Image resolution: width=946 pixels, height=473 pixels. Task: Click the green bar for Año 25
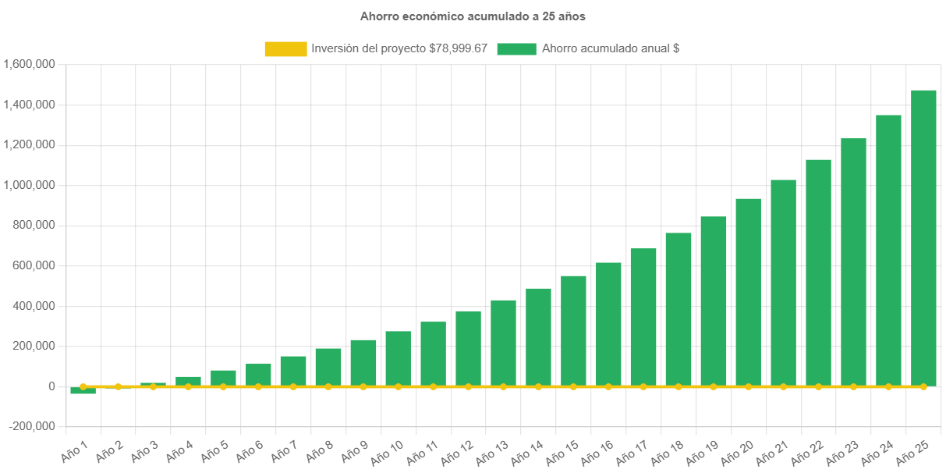click(923, 238)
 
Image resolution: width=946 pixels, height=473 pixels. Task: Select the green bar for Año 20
click(749, 293)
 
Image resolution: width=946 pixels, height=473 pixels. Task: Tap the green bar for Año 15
click(573, 332)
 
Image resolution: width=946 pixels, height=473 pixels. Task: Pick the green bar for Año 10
click(399, 359)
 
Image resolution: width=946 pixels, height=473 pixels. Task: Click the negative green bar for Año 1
click(83, 390)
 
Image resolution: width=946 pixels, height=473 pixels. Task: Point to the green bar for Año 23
click(853, 262)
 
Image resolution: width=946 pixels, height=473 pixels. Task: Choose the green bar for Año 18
click(678, 310)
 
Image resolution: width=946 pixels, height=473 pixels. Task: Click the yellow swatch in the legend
click(286, 49)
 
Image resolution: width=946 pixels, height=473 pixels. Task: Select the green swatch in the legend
click(517, 49)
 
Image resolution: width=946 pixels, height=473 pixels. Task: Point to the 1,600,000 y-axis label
click(29, 64)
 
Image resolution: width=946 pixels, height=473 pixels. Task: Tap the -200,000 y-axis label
click(32, 426)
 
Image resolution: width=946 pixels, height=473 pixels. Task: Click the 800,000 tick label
click(34, 226)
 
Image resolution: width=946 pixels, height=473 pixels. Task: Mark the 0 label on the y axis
click(51, 386)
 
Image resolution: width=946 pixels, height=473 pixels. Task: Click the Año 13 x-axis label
click(492, 453)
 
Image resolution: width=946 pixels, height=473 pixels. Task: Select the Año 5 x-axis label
click(214, 451)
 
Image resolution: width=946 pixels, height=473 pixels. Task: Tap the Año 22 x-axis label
click(807, 453)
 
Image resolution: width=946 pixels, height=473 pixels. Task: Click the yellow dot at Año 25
click(923, 386)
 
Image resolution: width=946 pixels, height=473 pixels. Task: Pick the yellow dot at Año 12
click(469, 386)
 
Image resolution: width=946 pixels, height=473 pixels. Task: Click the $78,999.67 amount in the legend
click(459, 48)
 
